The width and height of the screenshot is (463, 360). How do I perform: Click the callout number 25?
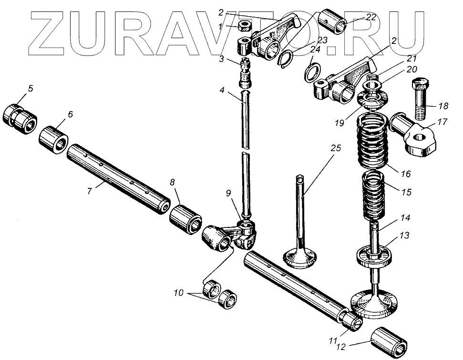pos(336,148)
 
